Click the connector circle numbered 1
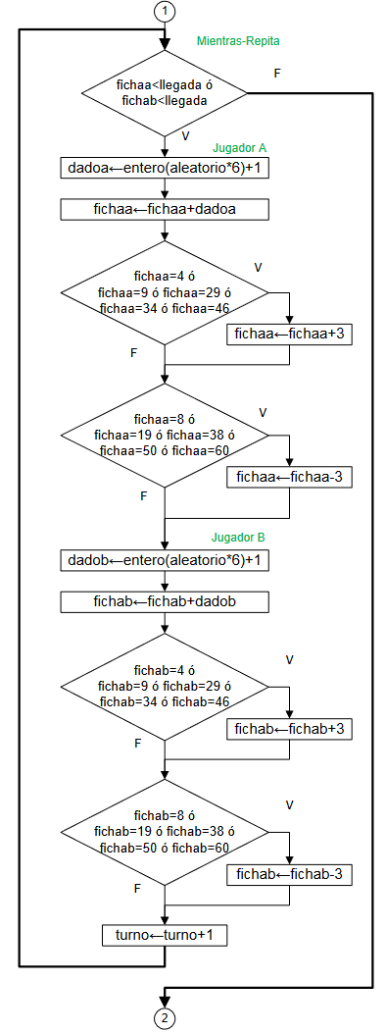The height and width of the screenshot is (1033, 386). (166, 12)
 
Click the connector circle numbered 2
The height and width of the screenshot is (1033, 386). (166, 1017)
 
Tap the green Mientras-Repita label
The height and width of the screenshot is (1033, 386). (239, 42)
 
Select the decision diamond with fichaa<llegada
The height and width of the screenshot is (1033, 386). (165, 93)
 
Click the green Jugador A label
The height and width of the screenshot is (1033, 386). (240, 148)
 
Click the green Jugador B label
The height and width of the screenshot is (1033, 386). (239, 539)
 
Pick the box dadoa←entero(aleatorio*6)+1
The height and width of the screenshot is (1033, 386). (165, 168)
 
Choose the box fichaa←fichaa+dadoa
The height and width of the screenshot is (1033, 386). (165, 209)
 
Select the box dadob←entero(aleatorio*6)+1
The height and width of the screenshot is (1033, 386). (165, 560)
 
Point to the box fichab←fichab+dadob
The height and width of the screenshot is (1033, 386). (165, 601)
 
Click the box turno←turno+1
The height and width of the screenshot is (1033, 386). (165, 936)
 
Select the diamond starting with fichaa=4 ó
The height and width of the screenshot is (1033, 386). (165, 292)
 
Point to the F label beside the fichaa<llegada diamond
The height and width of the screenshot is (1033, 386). (277, 74)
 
